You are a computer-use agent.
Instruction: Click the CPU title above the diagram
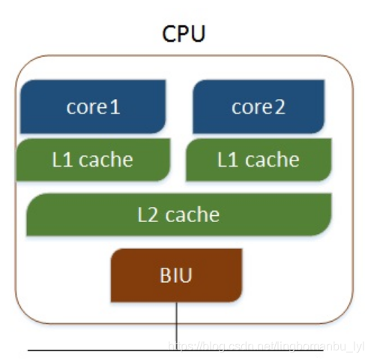tap(184, 33)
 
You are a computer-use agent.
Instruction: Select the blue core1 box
tap(93, 107)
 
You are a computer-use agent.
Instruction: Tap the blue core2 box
tap(259, 107)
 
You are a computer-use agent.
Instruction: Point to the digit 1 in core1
tap(115, 107)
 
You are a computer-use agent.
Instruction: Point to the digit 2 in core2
tap(279, 107)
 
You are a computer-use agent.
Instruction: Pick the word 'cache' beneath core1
tap(106, 159)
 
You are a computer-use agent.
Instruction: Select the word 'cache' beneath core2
tap(271, 159)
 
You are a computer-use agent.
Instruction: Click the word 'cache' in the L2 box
tap(192, 214)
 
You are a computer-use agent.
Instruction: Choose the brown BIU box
tap(177, 274)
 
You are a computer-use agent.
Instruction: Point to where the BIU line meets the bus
tap(177, 350)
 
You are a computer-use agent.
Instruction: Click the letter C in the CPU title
tap(169, 33)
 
